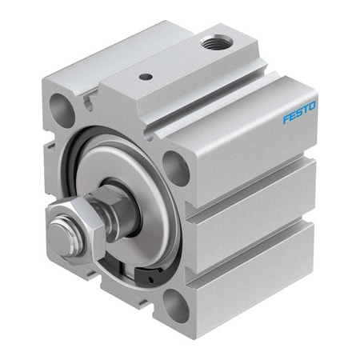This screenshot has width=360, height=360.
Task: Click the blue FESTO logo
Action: point(299,112)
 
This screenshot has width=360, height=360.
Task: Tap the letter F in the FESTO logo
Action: point(286,119)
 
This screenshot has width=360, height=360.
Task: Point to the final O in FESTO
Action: point(312,106)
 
